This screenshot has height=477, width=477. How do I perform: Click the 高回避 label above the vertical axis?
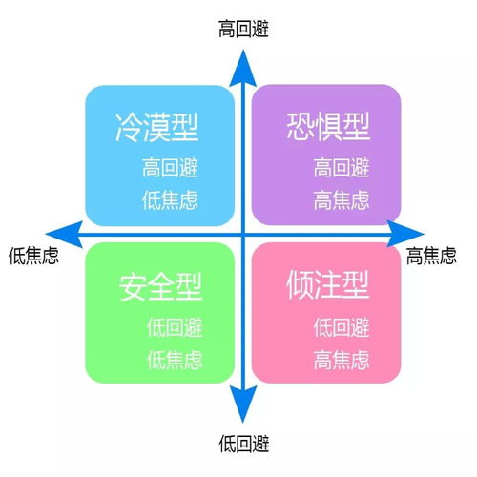pyautogui.click(x=243, y=29)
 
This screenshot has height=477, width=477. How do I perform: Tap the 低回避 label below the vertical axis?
pyautogui.click(x=243, y=444)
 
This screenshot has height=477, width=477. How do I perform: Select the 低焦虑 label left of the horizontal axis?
pyautogui.click(x=33, y=256)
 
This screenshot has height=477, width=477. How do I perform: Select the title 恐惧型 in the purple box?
pyautogui.click(x=327, y=126)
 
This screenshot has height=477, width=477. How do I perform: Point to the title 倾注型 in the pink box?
pyautogui.click(x=327, y=284)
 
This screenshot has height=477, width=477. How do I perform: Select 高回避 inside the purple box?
pyautogui.click(x=342, y=170)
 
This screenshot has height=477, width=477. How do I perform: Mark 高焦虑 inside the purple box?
pyautogui.click(x=342, y=201)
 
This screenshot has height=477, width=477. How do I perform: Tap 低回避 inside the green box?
pyautogui.click(x=175, y=327)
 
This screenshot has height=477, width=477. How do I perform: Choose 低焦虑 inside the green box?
pyautogui.click(x=175, y=360)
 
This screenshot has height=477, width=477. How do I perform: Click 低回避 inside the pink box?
pyautogui.click(x=342, y=327)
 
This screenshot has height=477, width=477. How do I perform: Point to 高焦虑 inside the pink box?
pyautogui.click(x=342, y=360)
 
